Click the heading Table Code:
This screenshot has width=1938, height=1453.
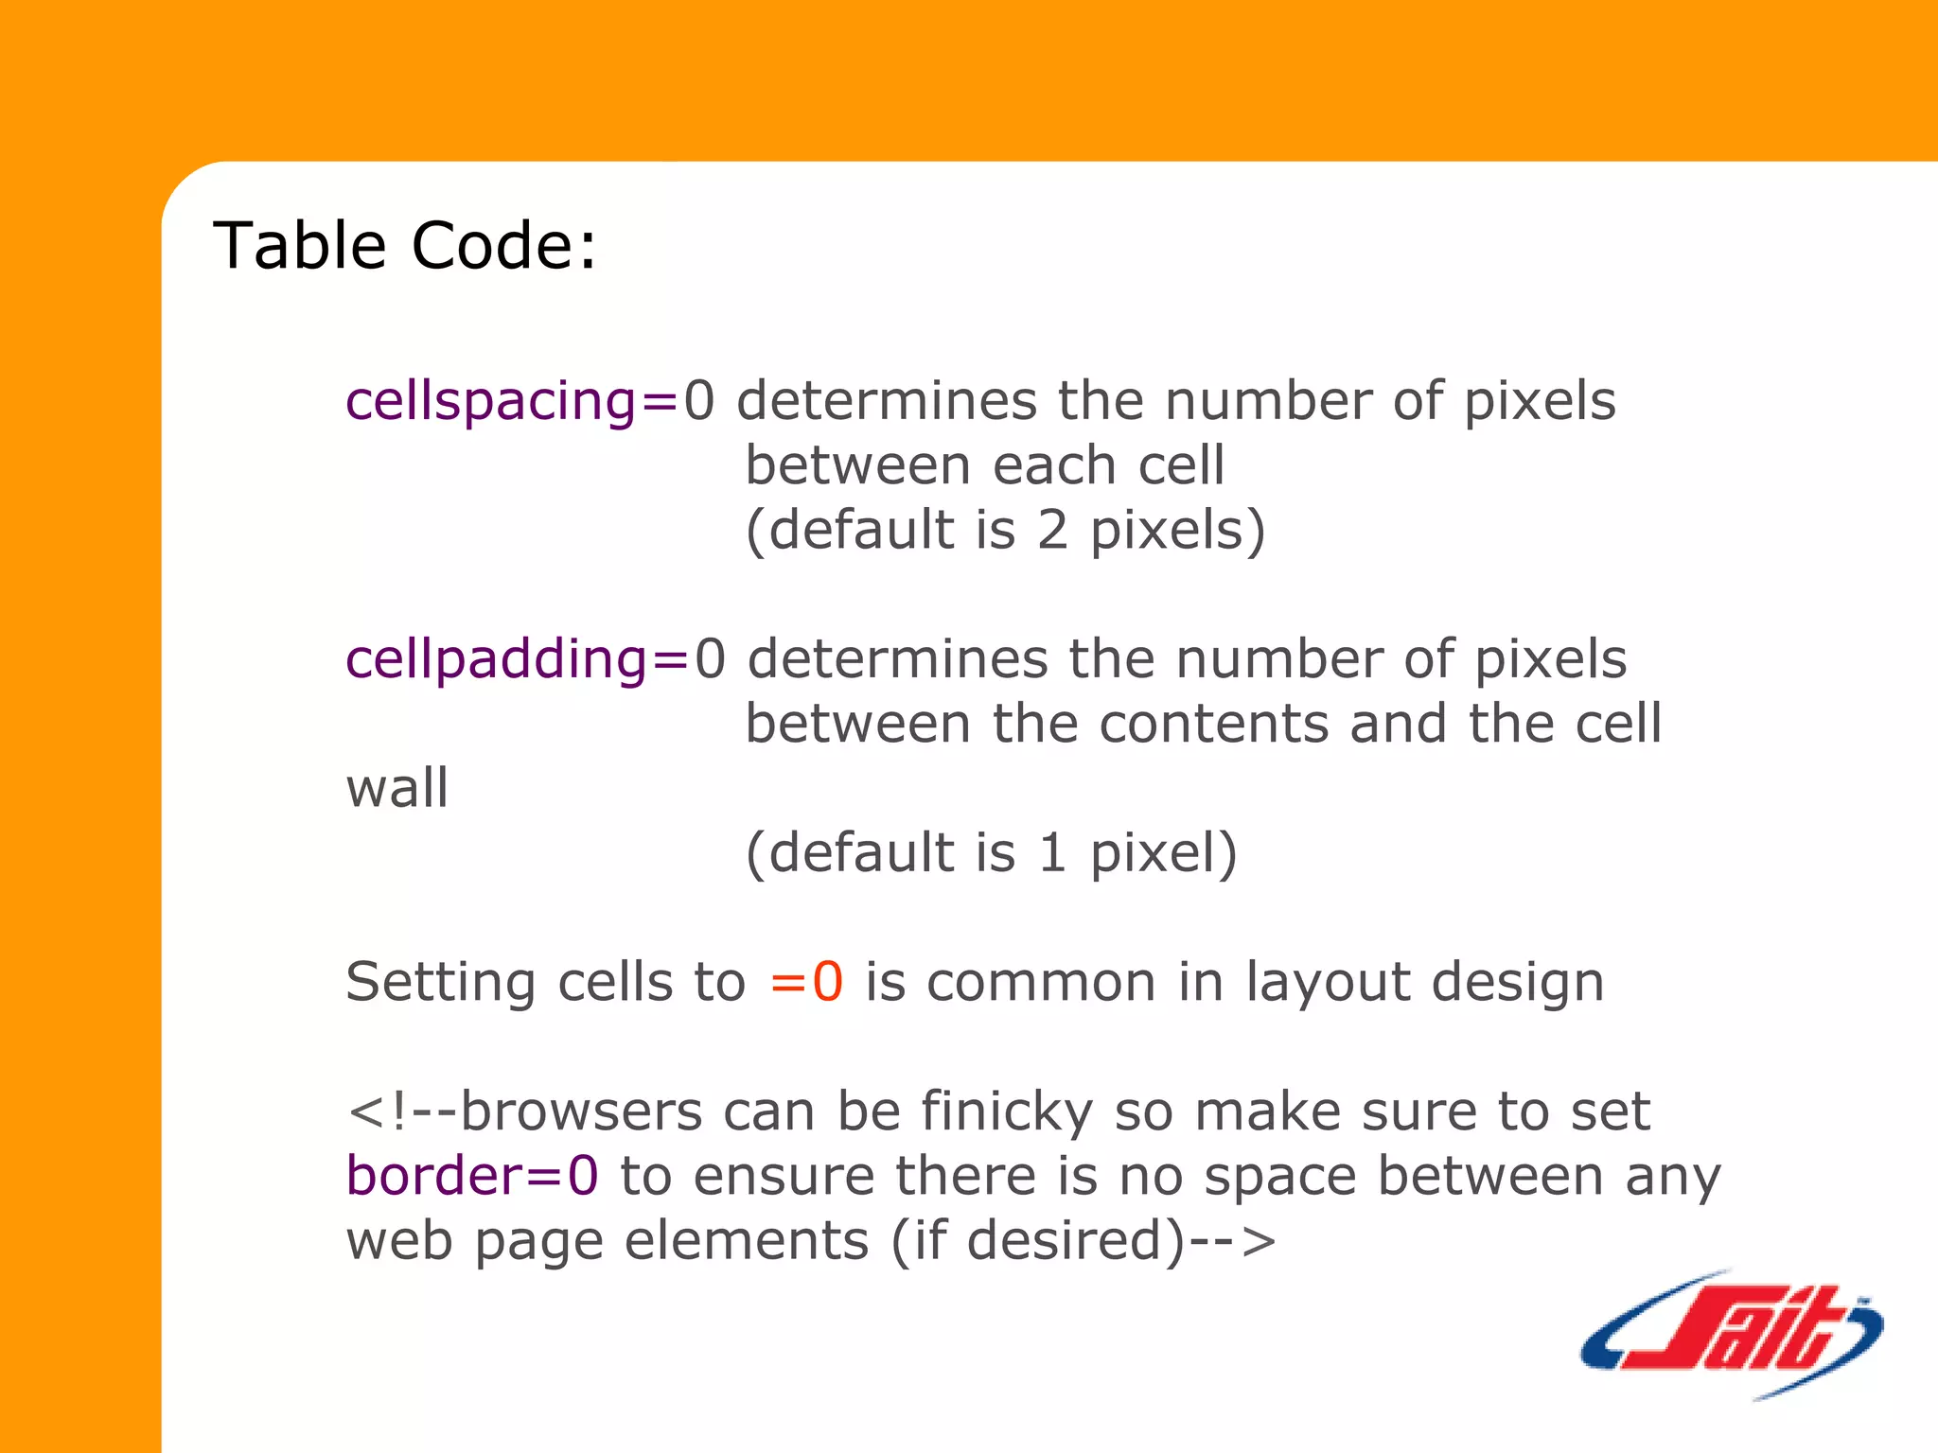(x=405, y=246)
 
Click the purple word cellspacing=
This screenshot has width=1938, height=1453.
(x=511, y=401)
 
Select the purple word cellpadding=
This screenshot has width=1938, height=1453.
(x=517, y=659)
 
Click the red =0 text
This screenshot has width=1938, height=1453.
(x=806, y=982)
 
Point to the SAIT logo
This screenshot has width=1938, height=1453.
(x=1732, y=1334)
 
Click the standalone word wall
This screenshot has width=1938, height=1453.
(x=396, y=788)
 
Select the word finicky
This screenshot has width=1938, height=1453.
(x=1007, y=1112)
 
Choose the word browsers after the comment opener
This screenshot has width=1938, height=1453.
(x=582, y=1112)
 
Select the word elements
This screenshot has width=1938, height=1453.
(x=747, y=1241)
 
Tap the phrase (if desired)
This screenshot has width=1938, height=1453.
(x=1037, y=1241)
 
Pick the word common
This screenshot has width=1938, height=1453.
(x=1041, y=982)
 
